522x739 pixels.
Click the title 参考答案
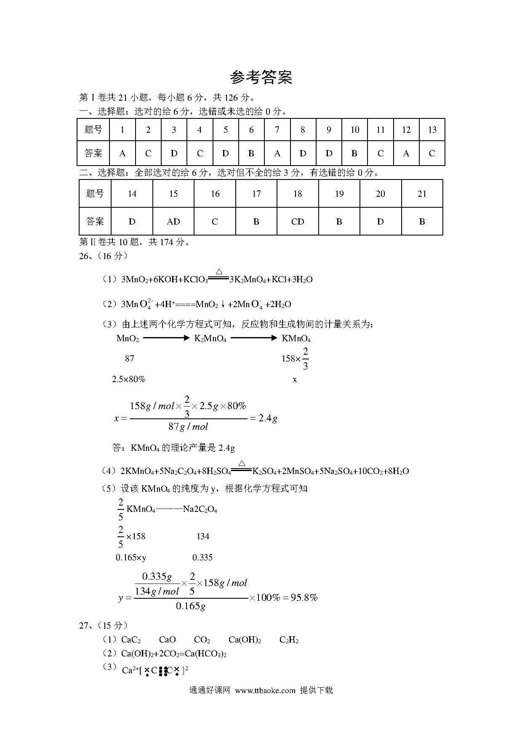261,78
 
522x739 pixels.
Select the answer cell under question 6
251,153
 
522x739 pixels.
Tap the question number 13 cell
432,130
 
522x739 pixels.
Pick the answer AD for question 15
173,222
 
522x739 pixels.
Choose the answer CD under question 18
298,222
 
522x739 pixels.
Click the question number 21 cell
422,194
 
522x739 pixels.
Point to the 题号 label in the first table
93,130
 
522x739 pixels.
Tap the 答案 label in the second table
95,222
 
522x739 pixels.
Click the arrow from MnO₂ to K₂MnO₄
166,338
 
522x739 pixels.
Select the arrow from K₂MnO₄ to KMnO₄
254,338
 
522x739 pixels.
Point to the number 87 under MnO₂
130,359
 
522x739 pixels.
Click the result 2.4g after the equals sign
268,418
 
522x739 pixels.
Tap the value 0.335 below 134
202,557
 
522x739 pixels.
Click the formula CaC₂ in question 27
131,640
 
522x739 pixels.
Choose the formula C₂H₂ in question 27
289,640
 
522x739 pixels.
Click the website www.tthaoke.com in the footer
265,691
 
